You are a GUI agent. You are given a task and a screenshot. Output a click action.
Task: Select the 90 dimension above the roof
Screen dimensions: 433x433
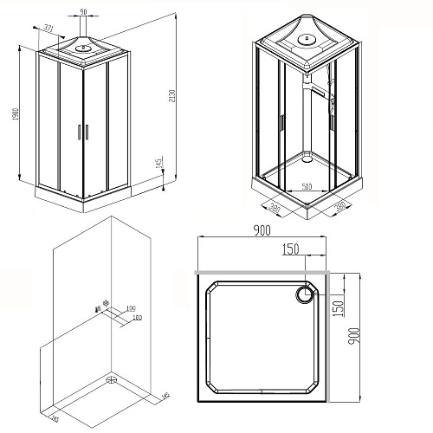(x=84, y=12)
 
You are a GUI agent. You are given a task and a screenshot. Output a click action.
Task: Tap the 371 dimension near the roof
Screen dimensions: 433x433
(x=48, y=30)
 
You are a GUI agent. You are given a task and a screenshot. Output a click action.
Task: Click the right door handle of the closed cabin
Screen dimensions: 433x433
(x=85, y=132)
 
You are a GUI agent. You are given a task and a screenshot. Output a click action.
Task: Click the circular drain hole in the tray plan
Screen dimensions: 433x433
(x=306, y=295)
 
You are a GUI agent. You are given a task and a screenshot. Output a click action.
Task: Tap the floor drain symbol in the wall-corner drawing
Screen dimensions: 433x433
(x=110, y=378)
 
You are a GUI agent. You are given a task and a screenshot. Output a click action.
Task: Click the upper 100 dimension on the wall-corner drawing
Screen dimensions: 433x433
(x=130, y=308)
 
